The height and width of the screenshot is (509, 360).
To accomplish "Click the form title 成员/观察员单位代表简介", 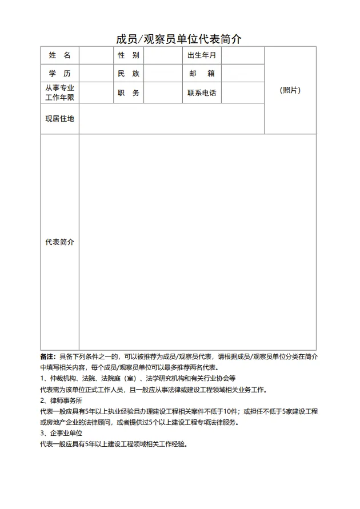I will click(x=179, y=39).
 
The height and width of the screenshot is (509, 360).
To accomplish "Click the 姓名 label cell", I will click(x=60, y=55).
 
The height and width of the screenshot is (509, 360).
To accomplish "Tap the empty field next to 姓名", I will click(x=96, y=55).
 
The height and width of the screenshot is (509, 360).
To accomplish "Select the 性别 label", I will click(x=129, y=55).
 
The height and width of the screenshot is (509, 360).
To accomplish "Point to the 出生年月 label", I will click(x=202, y=55).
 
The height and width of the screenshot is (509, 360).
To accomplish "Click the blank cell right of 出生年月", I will click(x=242, y=55).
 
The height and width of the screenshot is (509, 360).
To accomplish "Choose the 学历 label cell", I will click(x=60, y=74).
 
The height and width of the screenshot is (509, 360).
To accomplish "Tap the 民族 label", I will click(x=129, y=74).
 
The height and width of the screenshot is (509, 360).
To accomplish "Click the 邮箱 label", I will click(x=202, y=74).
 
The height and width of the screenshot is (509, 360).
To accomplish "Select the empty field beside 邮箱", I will click(x=242, y=74).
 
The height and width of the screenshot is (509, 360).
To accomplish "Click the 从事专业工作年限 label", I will click(x=60, y=93).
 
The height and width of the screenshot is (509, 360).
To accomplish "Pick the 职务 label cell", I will click(x=129, y=93).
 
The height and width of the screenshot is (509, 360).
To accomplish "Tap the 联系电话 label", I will click(x=202, y=93).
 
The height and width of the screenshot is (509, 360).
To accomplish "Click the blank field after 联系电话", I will click(x=242, y=93).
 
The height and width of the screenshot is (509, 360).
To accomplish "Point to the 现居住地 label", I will click(x=60, y=119).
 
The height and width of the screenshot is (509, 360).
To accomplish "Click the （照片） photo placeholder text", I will click(x=290, y=90).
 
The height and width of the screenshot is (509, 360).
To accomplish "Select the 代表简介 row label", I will click(x=60, y=242).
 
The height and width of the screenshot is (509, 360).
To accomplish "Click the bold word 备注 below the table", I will click(x=47, y=356).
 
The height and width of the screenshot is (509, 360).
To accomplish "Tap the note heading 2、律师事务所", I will click(x=61, y=400).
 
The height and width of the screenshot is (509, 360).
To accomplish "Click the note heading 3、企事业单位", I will click(x=61, y=433).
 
